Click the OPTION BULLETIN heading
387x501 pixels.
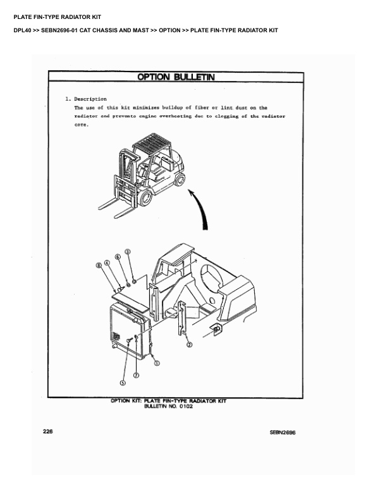click(x=176, y=77)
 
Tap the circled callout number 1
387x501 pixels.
click(x=157, y=363)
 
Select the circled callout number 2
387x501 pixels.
click(x=189, y=345)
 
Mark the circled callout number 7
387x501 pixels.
click(x=136, y=374)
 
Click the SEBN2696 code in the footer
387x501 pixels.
click(x=283, y=432)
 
